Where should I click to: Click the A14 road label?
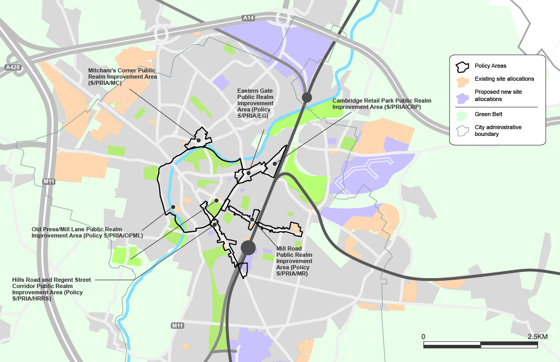pyautogui.click(x=249, y=18)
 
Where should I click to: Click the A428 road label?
pyautogui.click(x=12, y=68)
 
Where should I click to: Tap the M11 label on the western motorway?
pyautogui.click(x=49, y=181)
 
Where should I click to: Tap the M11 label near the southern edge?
pyautogui.click(x=177, y=326)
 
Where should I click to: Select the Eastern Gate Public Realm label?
pyautogui.click(x=255, y=103)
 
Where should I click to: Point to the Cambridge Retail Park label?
pyautogui.click(x=382, y=104)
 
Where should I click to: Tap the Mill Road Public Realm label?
pyautogui.click(x=294, y=261)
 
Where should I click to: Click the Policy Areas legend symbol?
pyautogui.click(x=462, y=67)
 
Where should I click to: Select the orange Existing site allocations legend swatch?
pyautogui.click(x=462, y=81)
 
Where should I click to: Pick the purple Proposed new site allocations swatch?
pyautogui.click(x=462, y=96)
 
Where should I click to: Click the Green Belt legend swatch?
pyautogui.click(x=462, y=116)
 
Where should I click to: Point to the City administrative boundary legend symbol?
pyautogui.click(x=462, y=130)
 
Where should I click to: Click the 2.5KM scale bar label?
pyautogui.click(x=537, y=337)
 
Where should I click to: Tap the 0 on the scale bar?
pyautogui.click(x=423, y=337)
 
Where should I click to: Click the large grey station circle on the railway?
pyautogui.click(x=248, y=247)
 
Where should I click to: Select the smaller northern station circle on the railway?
pyautogui.click(x=307, y=97)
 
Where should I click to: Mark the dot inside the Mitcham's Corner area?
pyautogui.click(x=199, y=140)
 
